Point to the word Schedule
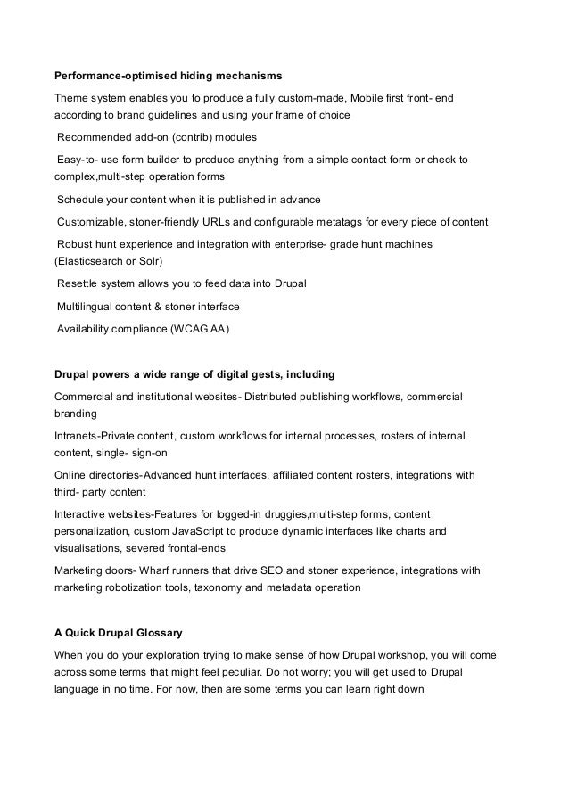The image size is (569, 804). coord(78,199)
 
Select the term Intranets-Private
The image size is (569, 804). coord(101,435)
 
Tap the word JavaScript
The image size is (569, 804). coord(207,533)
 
